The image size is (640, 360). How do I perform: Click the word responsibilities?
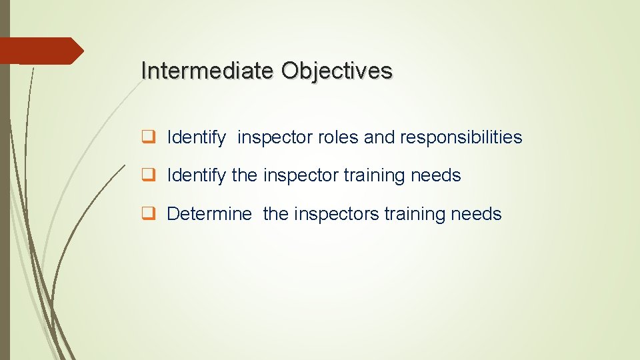tap(461, 138)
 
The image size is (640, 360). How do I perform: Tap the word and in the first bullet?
tap(379, 138)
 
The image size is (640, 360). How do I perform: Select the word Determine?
tap(209, 214)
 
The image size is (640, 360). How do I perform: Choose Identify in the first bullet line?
tap(196, 138)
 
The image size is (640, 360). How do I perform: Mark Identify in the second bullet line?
tap(196, 176)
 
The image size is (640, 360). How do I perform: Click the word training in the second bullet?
tap(375, 176)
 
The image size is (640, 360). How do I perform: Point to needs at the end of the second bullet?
tap(437, 176)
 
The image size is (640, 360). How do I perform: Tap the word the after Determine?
tap(276, 214)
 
